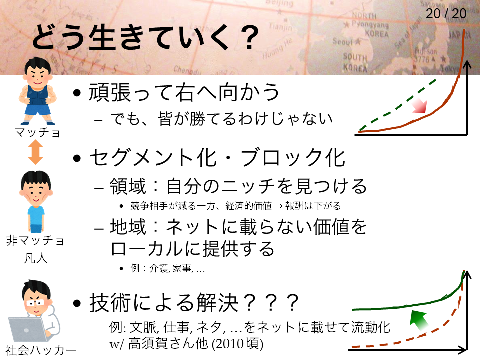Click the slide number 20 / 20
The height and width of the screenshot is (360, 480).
446,14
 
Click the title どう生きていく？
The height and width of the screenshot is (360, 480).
146,37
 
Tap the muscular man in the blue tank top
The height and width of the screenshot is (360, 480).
38,91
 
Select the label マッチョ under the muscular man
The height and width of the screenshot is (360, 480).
37,133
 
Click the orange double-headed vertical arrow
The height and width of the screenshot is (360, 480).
36,152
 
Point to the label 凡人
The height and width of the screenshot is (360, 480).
36,258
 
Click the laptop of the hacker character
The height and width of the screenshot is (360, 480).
28,329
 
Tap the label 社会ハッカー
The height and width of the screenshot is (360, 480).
40,350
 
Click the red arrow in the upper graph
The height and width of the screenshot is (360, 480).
419,106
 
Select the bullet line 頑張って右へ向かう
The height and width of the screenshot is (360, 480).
184,92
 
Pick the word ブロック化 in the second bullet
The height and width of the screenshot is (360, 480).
293,158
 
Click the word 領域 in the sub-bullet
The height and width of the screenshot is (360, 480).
128,186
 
